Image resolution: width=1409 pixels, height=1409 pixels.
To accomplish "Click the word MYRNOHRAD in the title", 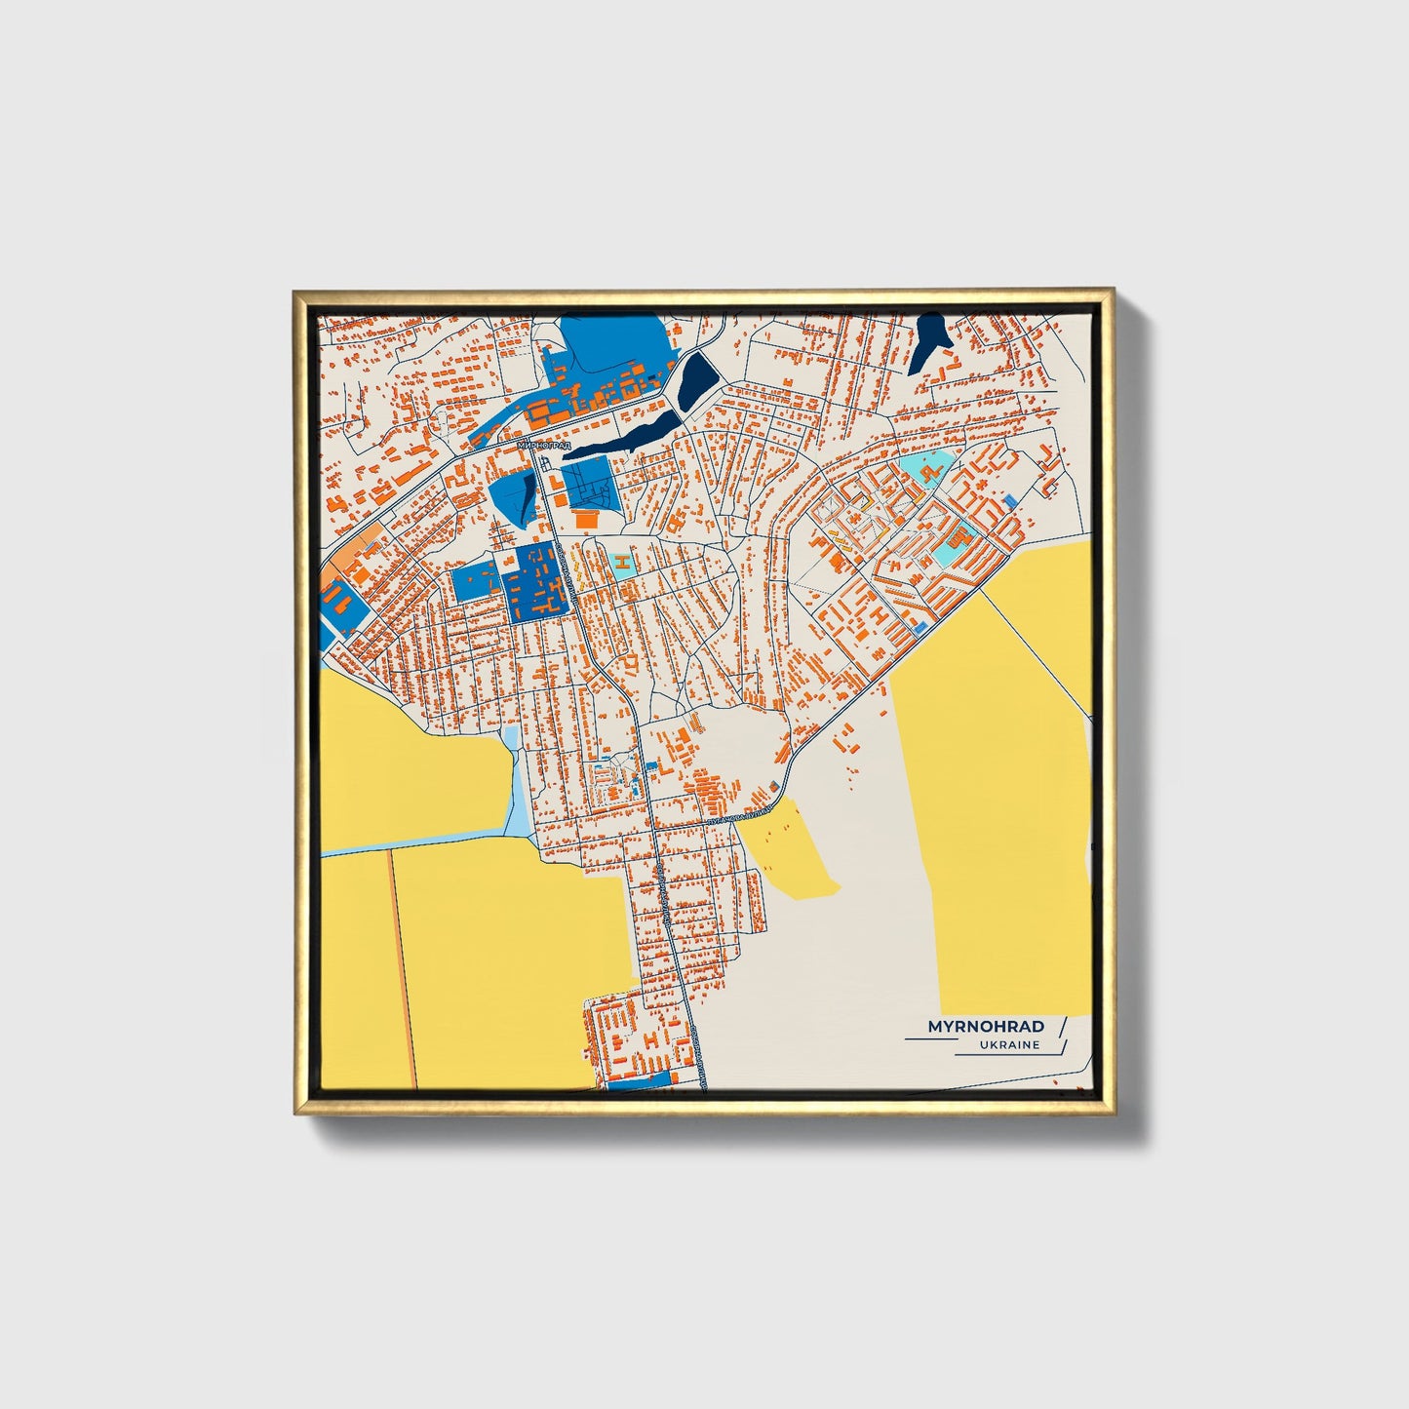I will point(985,1027).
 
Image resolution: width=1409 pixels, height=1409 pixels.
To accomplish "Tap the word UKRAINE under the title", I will point(1011,1045).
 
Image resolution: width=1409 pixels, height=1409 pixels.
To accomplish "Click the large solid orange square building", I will point(587,519).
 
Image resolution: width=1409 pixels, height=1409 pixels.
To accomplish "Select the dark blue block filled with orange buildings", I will point(534,581).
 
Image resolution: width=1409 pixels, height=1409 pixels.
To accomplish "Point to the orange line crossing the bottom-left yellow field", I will point(404,965).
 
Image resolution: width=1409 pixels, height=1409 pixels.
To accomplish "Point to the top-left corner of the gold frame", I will point(295,292).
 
